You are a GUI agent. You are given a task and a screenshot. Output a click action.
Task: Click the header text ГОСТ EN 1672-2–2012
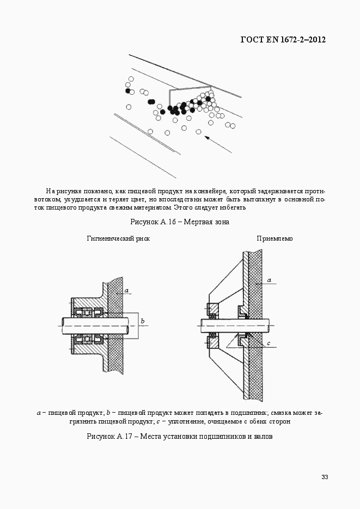coord(283,40)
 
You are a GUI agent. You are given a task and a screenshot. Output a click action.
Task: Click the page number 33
coord(324,477)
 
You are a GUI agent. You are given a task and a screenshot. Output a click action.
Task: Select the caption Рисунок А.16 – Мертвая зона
coord(180,222)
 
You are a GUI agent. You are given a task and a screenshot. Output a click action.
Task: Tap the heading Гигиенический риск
coord(118,238)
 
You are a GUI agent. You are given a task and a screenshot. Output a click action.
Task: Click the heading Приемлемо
coord(274,238)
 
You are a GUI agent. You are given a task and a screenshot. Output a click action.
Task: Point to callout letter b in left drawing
coord(142,321)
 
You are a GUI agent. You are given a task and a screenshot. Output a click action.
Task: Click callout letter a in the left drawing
coord(126,291)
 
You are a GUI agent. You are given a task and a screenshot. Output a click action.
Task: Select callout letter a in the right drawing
coord(269,280)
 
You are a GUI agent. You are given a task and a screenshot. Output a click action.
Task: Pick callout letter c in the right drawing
coord(269,344)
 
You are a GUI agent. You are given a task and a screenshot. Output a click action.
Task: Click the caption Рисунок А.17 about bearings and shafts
coord(179,437)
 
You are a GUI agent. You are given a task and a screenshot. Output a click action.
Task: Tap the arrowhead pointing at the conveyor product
coord(206,138)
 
